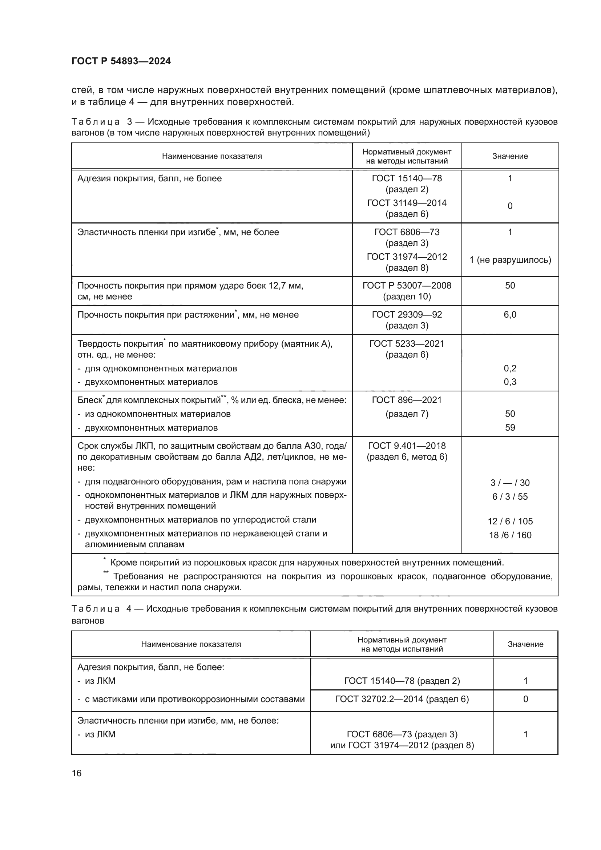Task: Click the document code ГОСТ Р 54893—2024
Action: pos(121,61)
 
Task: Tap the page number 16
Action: pos(77,773)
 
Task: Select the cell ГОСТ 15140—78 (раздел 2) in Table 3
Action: pos(407,184)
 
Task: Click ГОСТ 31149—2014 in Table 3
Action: pos(407,203)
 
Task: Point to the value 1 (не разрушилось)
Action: pos(510,260)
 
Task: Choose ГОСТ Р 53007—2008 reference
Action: pos(407,285)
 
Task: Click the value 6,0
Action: pos(510,315)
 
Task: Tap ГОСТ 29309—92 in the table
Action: pos(407,315)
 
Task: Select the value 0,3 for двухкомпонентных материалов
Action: pos(510,382)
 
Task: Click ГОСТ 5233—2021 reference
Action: pos(407,343)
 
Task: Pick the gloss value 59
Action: pos(510,428)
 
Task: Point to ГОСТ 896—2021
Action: pos(407,400)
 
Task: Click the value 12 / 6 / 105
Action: pos(510,521)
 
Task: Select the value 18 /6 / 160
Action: pos(510,535)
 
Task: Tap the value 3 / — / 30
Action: pos(510,483)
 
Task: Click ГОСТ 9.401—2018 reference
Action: pos(407,446)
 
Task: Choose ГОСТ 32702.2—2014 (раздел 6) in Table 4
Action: pos(402,699)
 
